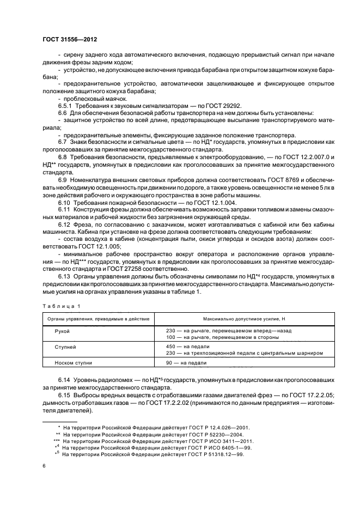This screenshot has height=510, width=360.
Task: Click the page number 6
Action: pos(44,465)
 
